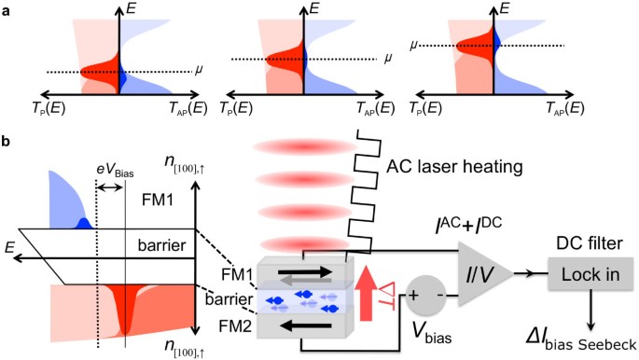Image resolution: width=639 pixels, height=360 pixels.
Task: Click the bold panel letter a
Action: (x=7, y=12)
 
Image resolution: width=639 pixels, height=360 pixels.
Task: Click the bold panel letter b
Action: (x=7, y=141)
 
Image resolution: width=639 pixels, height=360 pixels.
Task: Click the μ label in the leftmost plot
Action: (x=198, y=70)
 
